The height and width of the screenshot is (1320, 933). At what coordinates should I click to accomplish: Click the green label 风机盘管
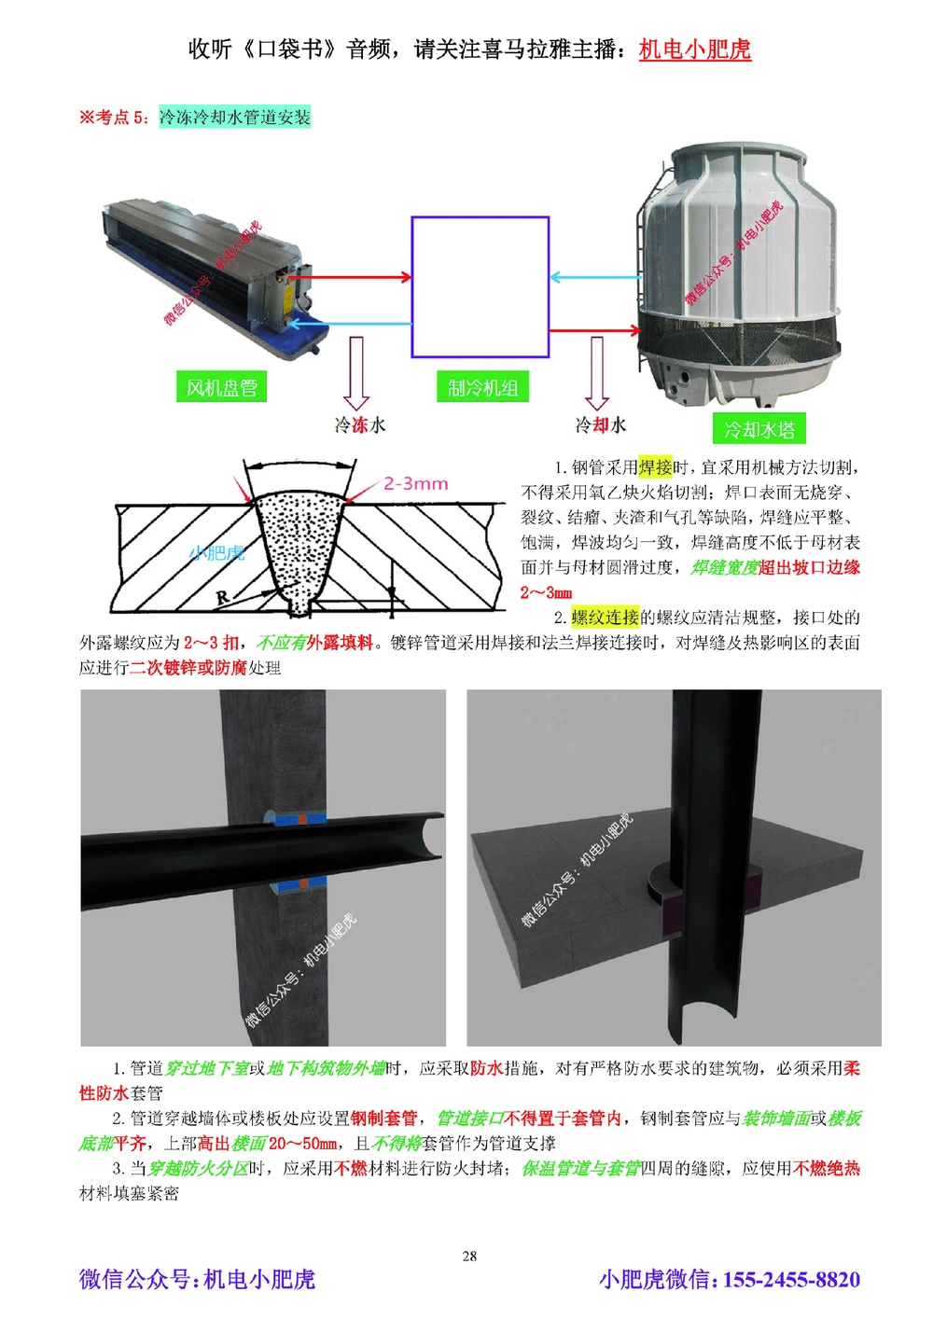[221, 387]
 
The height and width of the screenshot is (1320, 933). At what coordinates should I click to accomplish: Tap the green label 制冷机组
[482, 387]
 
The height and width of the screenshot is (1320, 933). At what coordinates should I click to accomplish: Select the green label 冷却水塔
[759, 429]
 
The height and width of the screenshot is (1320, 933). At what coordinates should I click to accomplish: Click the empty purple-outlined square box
[480, 287]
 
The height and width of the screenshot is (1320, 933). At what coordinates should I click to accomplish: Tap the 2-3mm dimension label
[416, 484]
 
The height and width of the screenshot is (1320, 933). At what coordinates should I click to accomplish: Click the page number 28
[469, 1256]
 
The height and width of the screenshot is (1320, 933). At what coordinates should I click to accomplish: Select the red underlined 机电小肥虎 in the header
[695, 49]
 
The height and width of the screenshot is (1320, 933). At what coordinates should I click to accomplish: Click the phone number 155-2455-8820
[791, 1279]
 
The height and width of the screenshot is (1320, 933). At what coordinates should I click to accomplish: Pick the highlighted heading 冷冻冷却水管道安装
[235, 118]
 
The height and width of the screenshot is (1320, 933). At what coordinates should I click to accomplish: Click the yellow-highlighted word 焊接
[655, 467]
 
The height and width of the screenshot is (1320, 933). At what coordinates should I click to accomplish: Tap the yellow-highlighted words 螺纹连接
[606, 618]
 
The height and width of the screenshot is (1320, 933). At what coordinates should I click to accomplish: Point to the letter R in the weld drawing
[222, 597]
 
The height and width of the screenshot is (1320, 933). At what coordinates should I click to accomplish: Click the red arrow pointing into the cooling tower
[594, 330]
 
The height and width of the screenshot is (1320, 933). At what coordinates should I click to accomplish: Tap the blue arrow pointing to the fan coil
[350, 324]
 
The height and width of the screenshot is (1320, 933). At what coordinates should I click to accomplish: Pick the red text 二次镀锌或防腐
[188, 668]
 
